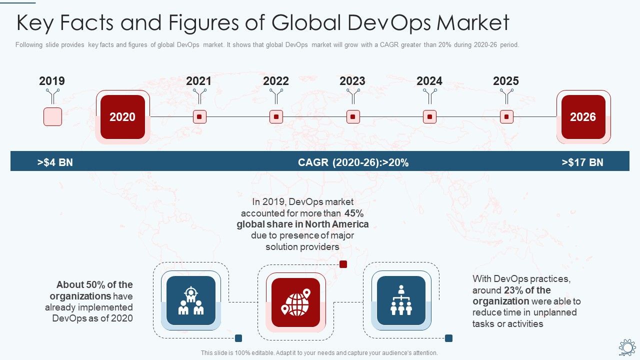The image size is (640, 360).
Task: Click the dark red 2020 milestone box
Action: [x=122, y=117]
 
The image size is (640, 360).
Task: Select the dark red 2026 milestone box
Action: [x=583, y=117]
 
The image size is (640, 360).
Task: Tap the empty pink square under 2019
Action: [x=52, y=116]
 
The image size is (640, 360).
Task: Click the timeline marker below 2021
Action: [x=199, y=116]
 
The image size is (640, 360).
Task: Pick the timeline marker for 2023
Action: [x=353, y=116]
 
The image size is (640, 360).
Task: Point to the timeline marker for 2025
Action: [x=506, y=116]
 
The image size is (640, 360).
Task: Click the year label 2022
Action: [x=276, y=81]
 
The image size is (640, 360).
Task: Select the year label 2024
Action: [x=429, y=81]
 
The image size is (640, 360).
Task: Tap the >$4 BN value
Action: [x=55, y=162]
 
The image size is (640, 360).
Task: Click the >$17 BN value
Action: [x=582, y=162]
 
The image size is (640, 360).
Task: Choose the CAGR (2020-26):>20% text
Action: [x=353, y=162]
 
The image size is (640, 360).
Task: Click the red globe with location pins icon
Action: [x=295, y=302]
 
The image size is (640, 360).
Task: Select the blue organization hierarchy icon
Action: [x=401, y=300]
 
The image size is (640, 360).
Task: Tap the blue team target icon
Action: [x=190, y=300]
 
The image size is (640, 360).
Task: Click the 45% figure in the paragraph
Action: [x=354, y=213]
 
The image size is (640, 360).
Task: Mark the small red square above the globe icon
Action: [x=343, y=264]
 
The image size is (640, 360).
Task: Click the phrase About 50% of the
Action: [x=94, y=284]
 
